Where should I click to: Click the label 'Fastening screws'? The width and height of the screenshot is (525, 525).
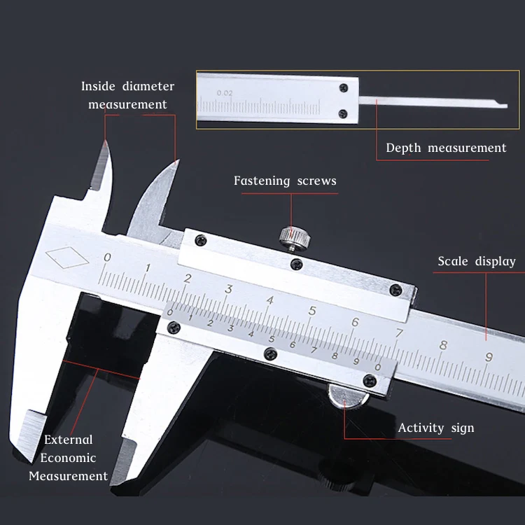tap(285, 181)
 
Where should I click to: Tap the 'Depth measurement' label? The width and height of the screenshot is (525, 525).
tap(446, 148)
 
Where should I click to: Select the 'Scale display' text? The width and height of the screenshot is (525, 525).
tap(477, 261)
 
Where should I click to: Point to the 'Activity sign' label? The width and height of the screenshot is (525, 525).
tap(436, 428)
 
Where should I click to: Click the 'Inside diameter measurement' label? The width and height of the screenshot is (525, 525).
tap(127, 95)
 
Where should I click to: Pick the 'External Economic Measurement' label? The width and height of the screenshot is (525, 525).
tap(69, 458)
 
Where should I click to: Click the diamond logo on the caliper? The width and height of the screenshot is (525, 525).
tap(66, 258)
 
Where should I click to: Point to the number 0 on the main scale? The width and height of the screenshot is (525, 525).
tap(106, 258)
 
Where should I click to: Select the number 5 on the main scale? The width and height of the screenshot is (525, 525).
tap(312, 311)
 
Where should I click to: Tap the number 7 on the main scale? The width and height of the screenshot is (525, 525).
tap(399, 333)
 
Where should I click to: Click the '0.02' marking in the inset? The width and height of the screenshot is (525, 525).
tap(225, 92)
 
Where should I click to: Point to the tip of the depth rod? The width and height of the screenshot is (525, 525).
tap(504, 106)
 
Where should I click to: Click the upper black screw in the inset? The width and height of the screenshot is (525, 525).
tap(342, 88)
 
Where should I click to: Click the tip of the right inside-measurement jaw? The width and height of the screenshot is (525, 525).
tap(176, 162)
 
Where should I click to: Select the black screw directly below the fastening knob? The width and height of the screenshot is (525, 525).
tap(296, 265)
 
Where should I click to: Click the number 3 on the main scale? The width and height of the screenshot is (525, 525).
tap(229, 288)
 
